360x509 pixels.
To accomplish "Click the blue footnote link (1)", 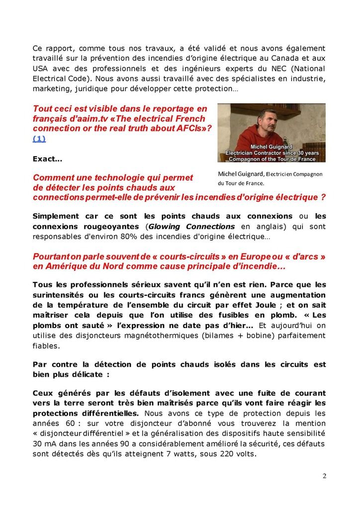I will [39, 139].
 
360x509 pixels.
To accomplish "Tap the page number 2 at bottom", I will [324, 476].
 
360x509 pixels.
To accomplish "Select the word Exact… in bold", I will [47, 160].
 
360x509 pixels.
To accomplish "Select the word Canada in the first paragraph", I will [294, 59].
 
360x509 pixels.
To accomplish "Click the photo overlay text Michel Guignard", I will [271, 148].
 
